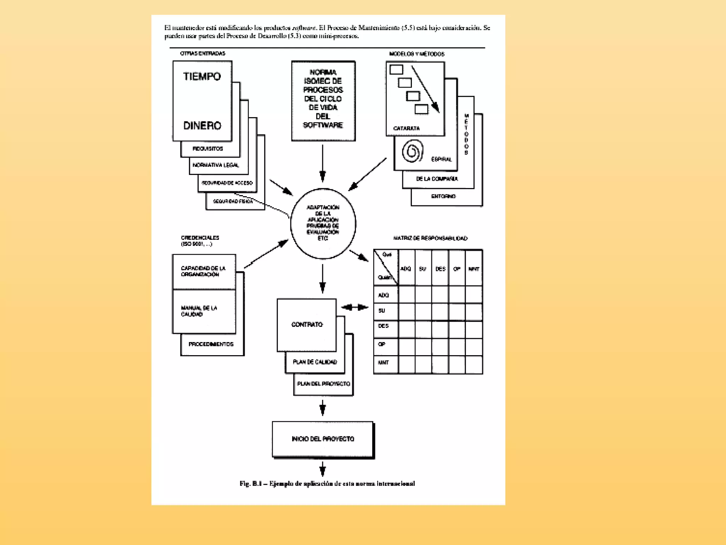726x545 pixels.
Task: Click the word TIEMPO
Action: click(202, 77)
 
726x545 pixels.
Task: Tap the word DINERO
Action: click(202, 126)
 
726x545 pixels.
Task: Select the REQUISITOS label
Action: click(208, 149)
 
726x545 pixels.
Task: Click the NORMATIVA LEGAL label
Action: click(216, 165)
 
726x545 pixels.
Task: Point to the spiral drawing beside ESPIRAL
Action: click(412, 151)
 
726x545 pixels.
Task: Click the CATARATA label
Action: click(406, 128)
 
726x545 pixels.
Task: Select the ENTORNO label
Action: click(443, 196)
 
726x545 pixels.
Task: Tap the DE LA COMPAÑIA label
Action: click(437, 179)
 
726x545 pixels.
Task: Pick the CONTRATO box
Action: click(307, 324)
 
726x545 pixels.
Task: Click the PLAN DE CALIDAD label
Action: click(315, 362)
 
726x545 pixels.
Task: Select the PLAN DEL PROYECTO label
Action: click(323, 384)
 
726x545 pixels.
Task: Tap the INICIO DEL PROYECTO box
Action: click(323, 439)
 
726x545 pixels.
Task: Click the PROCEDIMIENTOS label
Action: click(211, 344)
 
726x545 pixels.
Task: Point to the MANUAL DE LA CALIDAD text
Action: click(199, 311)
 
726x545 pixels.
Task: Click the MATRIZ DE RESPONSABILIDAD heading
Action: click(430, 238)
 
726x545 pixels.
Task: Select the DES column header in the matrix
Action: click(440, 269)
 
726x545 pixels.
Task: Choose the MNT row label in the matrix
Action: click(383, 363)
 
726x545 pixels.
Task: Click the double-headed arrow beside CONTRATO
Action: click(355, 307)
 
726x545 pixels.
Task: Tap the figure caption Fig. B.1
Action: click(327, 484)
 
